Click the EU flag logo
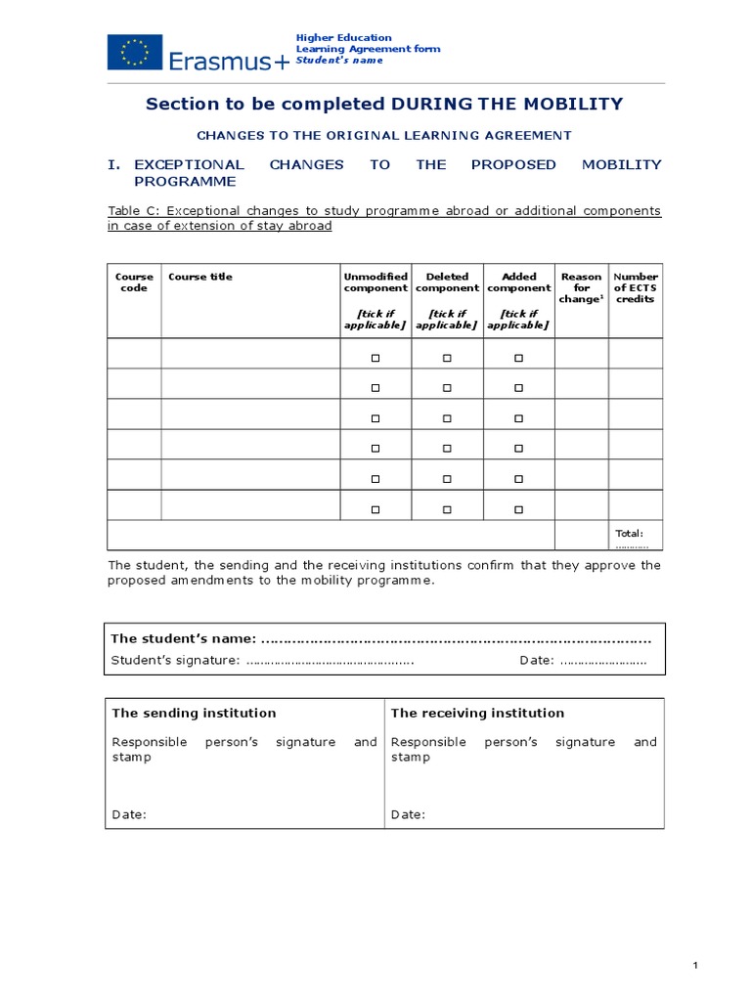click(x=135, y=51)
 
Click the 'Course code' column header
click(x=134, y=283)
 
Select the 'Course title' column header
click(x=200, y=277)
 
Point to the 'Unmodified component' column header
click(x=375, y=283)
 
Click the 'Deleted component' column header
click(x=447, y=283)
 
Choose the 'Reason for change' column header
click(x=581, y=287)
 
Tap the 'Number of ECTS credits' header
click(x=636, y=287)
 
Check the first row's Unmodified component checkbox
click(x=375, y=359)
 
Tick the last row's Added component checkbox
click(x=519, y=509)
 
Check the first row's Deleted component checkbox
click(x=447, y=359)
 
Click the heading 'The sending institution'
click(x=194, y=713)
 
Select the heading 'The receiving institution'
click(x=477, y=713)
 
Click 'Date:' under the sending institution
click(x=129, y=814)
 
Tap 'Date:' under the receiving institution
click(x=408, y=814)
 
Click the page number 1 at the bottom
click(x=695, y=966)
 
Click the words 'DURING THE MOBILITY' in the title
click(x=507, y=105)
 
